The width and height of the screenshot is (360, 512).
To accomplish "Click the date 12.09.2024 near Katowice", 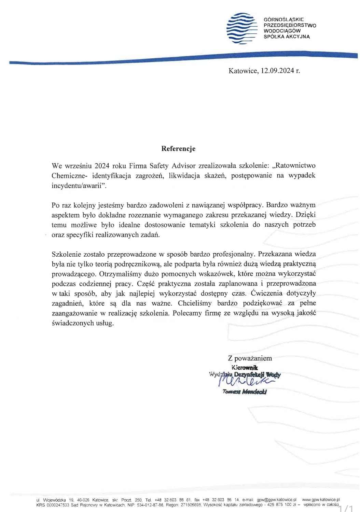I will (x=277, y=71).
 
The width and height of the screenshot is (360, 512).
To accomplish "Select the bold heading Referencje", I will (x=178, y=148).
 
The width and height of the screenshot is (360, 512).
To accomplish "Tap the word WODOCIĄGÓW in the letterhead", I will (x=282, y=31).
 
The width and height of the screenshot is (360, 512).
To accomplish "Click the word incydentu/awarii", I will (x=79, y=185).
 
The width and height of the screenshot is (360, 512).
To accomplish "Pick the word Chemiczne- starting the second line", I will (x=69, y=175).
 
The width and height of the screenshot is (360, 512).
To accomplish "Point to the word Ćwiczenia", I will (x=266, y=293).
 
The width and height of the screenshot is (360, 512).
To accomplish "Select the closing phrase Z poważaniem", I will (x=250, y=358).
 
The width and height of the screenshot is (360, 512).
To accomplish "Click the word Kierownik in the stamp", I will (x=245, y=368).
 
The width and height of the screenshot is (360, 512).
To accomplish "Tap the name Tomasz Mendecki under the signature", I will (x=245, y=392).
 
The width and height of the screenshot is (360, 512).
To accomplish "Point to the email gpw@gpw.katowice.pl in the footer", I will (x=277, y=500).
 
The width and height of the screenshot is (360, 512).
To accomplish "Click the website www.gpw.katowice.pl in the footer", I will (x=321, y=500).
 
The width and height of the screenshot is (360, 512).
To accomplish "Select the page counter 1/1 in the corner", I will (x=346, y=508).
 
